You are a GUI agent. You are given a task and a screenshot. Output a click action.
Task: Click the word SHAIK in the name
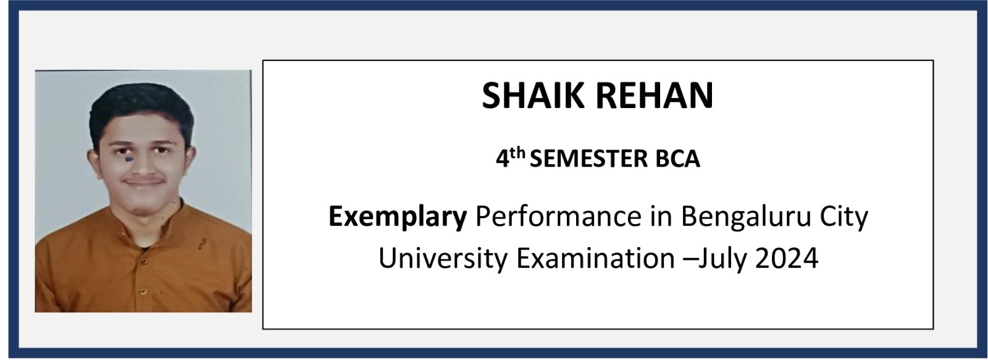coord(535,95)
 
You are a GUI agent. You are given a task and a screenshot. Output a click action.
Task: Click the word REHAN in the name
coord(655,95)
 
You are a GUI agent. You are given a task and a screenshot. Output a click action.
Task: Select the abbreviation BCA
coord(678,159)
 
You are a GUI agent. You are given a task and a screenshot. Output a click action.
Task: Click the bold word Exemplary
coord(398,217)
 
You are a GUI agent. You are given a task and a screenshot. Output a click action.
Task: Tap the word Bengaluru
coord(747,218)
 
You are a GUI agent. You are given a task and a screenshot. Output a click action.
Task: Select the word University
coord(443,259)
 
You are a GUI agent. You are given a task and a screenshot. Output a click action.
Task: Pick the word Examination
coord(595,258)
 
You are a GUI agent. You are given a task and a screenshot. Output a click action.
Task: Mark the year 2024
coord(787,258)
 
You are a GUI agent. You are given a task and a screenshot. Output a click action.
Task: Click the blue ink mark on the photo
coord(128,159)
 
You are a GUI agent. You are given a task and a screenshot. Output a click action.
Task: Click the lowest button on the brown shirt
coord(143,291)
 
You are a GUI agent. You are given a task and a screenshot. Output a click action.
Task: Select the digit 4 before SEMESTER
coord(503,159)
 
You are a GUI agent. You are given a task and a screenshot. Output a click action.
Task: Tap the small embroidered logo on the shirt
coord(203,242)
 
